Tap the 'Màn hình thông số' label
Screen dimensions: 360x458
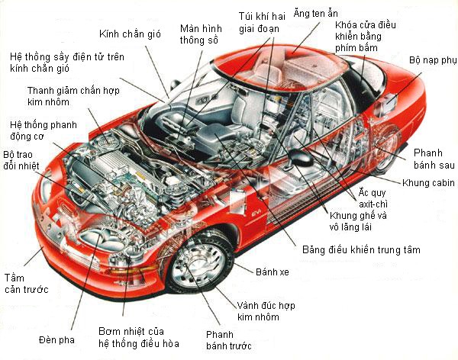pos(200,34)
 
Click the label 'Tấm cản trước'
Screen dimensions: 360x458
pos(25,283)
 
